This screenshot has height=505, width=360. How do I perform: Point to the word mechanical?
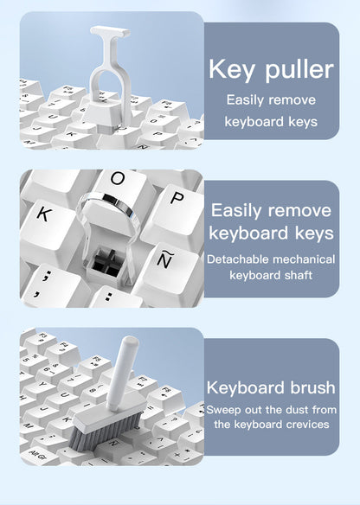[x=302, y=259]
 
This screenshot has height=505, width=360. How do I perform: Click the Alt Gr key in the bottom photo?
[x=39, y=452]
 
